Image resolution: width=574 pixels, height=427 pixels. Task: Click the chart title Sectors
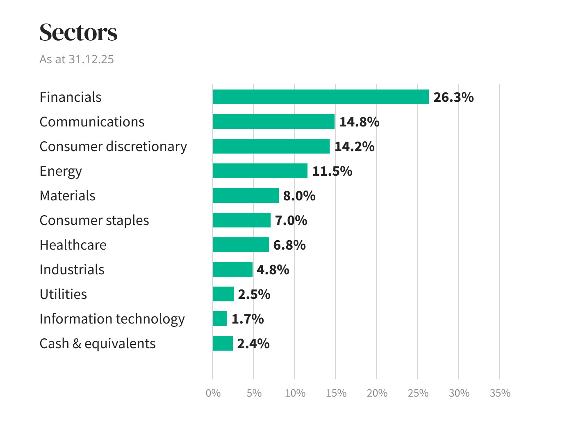pos(78,32)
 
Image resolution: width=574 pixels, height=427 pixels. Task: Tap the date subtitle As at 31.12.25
pos(77,59)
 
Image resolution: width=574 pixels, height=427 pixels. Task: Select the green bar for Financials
pos(321,97)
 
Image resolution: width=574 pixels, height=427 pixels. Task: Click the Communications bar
pos(273,122)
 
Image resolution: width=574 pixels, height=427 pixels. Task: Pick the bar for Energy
pos(260,171)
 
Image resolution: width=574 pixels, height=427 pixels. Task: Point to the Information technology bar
pos(220,319)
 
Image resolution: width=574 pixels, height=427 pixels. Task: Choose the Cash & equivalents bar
pos(223,343)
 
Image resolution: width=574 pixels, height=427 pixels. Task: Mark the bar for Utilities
pos(223,294)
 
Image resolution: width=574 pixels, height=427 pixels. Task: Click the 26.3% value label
pos(453,97)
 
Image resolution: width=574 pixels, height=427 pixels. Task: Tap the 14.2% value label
pos(354,147)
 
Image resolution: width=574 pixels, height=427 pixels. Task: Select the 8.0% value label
pos(299,196)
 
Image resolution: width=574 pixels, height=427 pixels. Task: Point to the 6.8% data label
pos(289,245)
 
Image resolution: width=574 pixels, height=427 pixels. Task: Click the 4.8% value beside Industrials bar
pos(273,270)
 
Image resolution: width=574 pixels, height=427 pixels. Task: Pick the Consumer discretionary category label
pos(113,147)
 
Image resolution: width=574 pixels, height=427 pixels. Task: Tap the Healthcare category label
pos(73,245)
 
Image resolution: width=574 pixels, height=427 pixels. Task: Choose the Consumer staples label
pos(94,220)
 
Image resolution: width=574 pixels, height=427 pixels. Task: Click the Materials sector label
pos(67,196)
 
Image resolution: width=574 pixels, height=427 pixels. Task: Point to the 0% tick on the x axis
pos(213,393)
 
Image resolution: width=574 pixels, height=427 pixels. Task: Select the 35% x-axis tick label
pos(500,393)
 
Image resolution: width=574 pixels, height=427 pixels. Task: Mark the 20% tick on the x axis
pos(377,393)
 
